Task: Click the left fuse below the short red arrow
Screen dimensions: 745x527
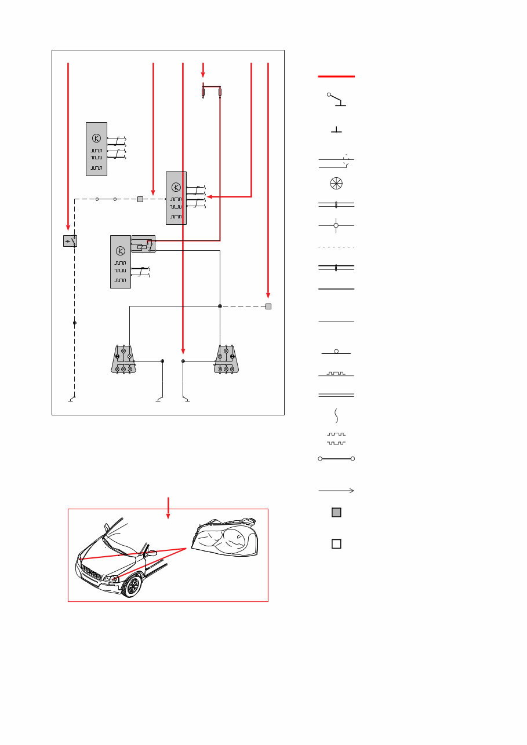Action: coord(203,92)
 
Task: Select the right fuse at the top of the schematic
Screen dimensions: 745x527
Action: coord(220,92)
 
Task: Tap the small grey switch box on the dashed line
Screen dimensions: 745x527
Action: coord(70,241)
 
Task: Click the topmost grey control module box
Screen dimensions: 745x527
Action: coord(96,149)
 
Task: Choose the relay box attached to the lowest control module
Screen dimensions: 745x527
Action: coord(143,243)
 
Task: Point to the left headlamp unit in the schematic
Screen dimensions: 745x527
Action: coord(123,359)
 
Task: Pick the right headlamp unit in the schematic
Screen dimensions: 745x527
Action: coord(226,359)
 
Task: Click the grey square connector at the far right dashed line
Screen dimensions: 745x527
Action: coord(268,306)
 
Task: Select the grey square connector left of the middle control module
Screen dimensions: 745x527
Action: coord(140,199)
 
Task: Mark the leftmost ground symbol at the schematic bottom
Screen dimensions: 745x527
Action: coord(71,399)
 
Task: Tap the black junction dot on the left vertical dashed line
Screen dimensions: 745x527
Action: coord(75,322)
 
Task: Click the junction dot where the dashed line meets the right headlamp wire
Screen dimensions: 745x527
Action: coord(220,306)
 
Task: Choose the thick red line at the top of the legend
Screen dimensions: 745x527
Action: coord(336,76)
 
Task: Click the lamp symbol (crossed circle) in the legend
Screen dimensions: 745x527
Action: coord(336,183)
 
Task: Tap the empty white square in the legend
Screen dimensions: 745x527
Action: coord(336,543)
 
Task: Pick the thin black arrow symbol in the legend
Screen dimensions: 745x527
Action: coord(336,491)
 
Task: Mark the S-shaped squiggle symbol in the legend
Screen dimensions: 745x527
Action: coord(336,415)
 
